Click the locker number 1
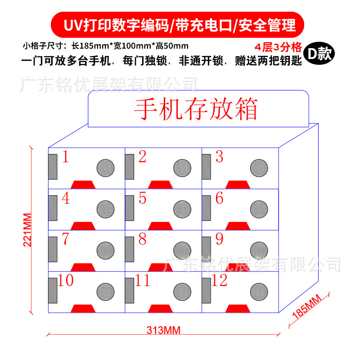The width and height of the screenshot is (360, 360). tap(65, 157)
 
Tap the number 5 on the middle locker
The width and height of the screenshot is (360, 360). tap(143, 198)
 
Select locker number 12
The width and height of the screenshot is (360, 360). tap(219, 280)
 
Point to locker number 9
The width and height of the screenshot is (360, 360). tap(219, 239)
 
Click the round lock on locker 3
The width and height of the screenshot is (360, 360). tap(259, 167)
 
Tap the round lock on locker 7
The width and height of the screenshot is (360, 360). tap(105, 249)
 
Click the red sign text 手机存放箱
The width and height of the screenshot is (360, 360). tap(196, 109)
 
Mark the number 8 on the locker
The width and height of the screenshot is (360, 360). tap(142, 239)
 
